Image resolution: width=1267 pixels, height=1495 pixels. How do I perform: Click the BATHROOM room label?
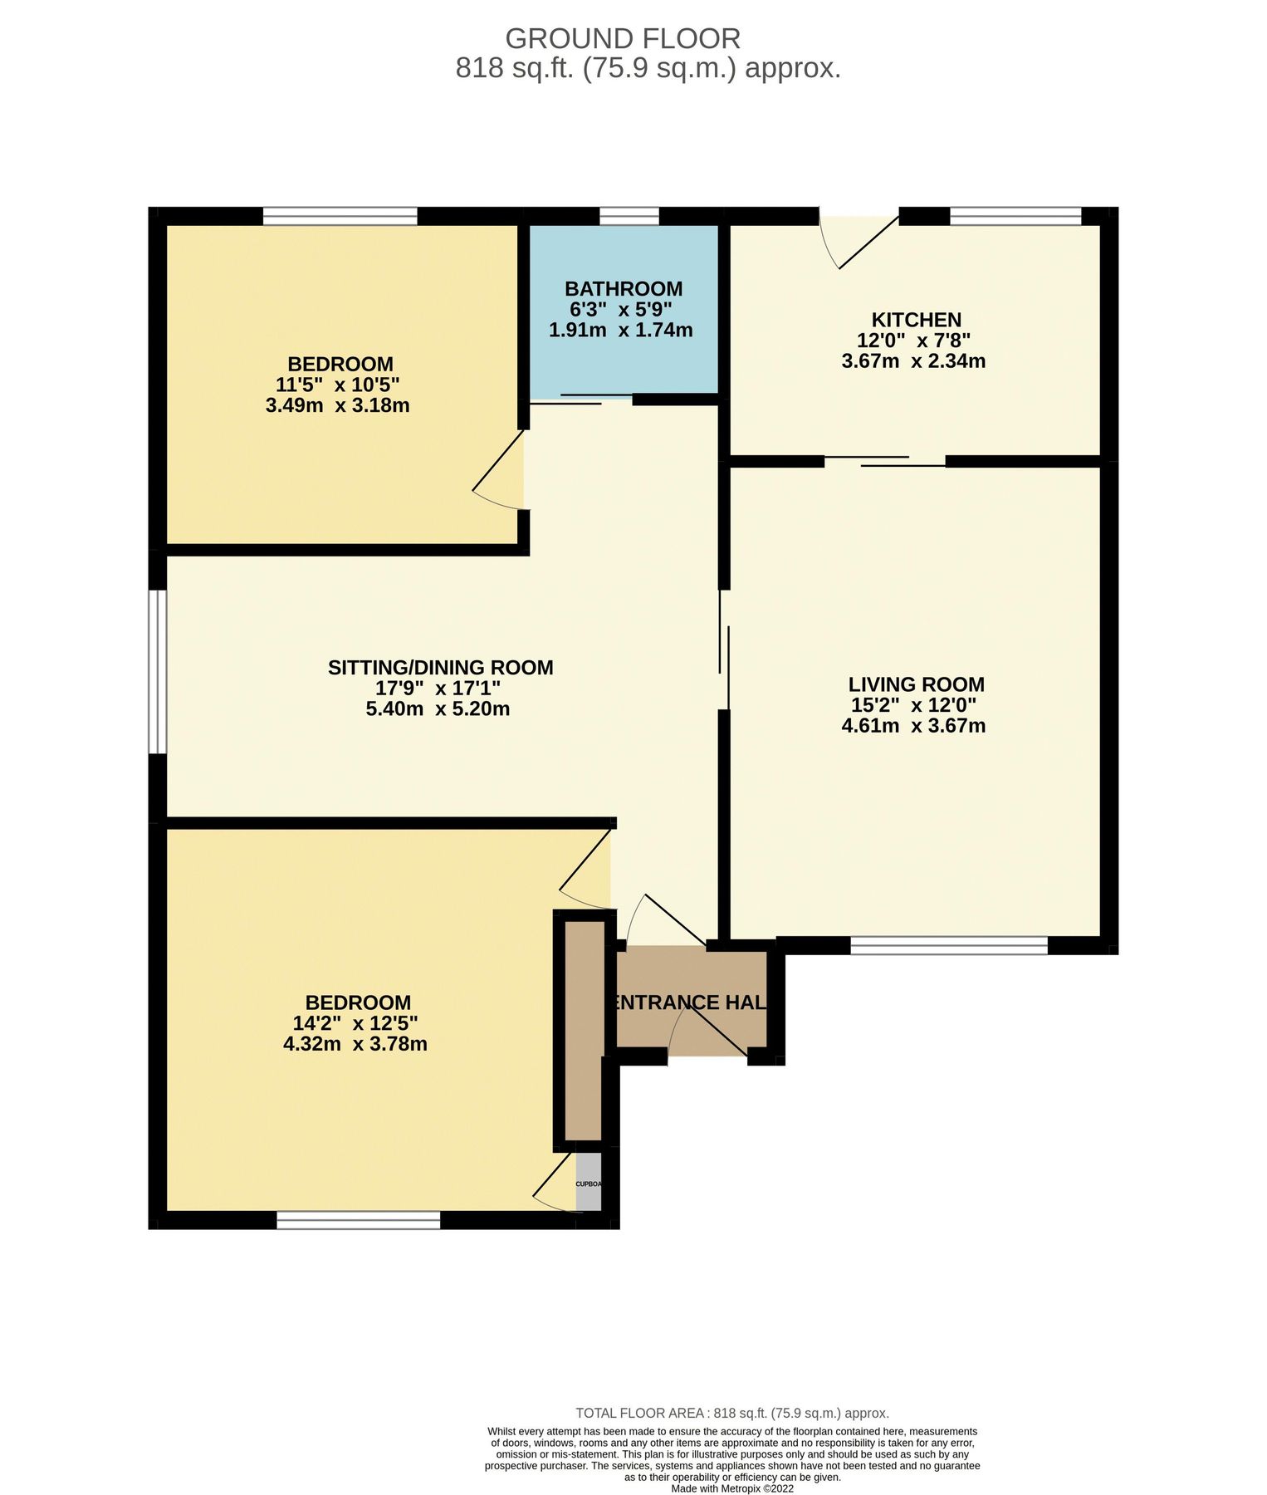(x=623, y=289)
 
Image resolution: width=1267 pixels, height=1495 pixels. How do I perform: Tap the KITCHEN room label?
(x=916, y=320)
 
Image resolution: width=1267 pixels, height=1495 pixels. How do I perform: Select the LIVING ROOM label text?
(x=916, y=684)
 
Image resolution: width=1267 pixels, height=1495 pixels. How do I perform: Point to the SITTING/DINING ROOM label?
(x=440, y=668)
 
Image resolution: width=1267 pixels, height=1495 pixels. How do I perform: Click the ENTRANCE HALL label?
(x=689, y=1002)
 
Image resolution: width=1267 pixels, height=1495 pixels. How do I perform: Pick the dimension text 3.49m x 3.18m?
(x=337, y=406)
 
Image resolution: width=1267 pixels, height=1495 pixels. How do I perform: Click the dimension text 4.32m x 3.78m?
(x=355, y=1044)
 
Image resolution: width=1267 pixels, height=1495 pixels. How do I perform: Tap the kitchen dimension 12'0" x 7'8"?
(x=913, y=341)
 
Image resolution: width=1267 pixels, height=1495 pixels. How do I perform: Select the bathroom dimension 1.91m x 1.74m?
(x=621, y=330)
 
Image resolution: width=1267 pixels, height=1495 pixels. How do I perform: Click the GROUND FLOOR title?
(x=623, y=39)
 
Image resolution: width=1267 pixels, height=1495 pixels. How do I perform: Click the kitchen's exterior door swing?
(x=855, y=241)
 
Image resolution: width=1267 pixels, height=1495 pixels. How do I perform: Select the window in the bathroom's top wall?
(x=629, y=217)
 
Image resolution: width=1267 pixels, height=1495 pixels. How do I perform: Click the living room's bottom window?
(x=949, y=945)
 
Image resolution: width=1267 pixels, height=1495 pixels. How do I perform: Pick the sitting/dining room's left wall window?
(x=158, y=671)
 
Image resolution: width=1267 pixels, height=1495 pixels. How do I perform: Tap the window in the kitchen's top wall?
(x=1015, y=217)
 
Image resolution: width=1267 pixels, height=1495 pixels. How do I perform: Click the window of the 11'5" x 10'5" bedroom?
(x=340, y=217)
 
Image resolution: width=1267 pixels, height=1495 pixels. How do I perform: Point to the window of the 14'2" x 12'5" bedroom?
(x=358, y=1220)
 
